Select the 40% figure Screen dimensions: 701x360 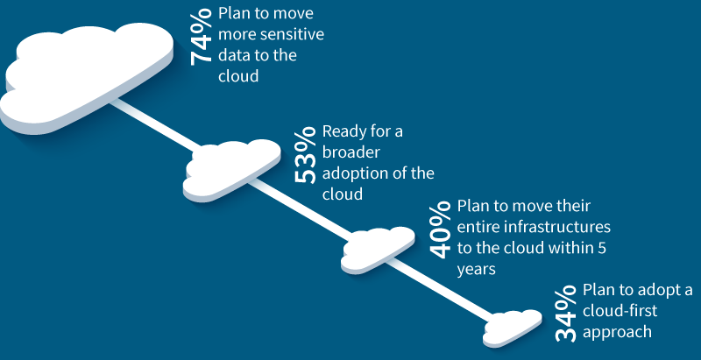(x=441, y=230)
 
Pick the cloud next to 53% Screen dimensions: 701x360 (x=231, y=170)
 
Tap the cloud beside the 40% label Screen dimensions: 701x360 (x=378, y=250)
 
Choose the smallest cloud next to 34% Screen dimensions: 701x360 (x=512, y=328)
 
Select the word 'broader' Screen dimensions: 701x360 (x=351, y=152)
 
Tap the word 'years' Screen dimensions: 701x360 (x=477, y=270)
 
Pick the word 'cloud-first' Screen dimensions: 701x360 (x=620, y=310)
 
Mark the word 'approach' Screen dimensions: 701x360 (x=618, y=333)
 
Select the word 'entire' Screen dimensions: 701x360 (x=478, y=227)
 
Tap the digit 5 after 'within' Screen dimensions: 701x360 (x=601, y=248)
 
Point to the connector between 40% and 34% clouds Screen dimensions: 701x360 (x=442, y=290)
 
